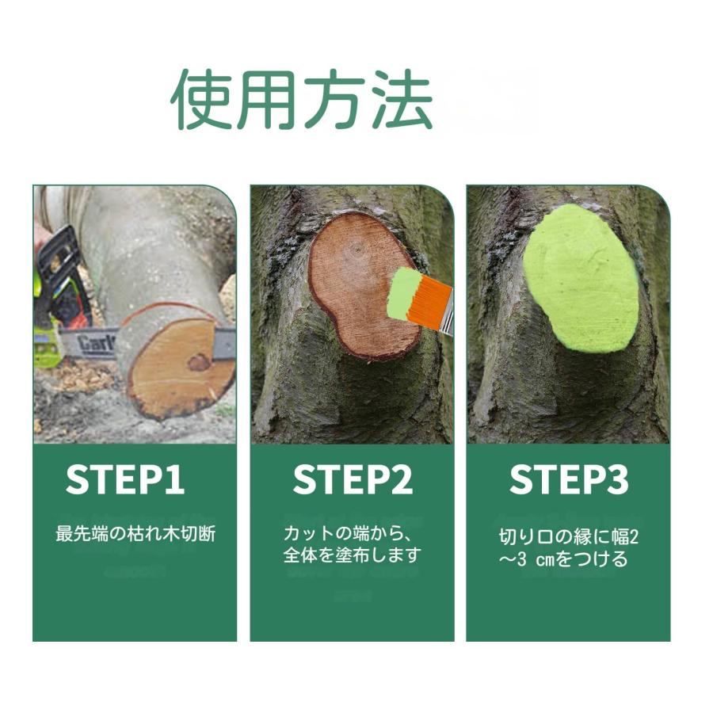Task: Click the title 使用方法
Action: [302, 101]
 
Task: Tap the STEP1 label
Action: [124, 480]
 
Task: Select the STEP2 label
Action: [352, 480]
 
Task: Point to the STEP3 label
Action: [568, 480]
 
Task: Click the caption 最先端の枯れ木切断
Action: [135, 532]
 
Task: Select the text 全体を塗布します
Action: [352, 555]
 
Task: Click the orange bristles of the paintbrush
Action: [428, 299]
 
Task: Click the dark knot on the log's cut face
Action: [198, 362]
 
